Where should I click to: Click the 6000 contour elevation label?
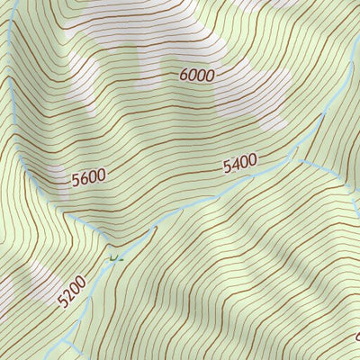[196, 76]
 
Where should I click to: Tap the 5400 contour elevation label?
[240, 164]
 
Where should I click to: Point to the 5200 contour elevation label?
[71, 291]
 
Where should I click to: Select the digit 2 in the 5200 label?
[67, 294]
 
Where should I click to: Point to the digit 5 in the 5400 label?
[227, 166]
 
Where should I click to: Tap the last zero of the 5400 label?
[254, 161]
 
